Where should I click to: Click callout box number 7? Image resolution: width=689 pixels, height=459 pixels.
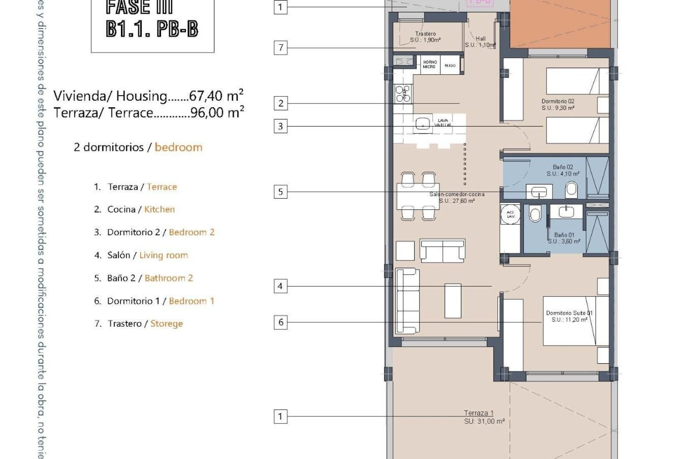(x=281, y=47)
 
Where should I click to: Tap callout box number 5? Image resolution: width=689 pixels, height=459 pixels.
(x=281, y=191)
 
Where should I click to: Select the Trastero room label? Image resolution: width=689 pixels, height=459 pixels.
(x=425, y=37)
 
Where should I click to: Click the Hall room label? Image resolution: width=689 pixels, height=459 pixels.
(x=481, y=42)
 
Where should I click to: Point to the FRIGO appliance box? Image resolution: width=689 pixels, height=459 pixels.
(x=450, y=65)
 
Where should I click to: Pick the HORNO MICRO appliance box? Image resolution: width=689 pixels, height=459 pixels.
(x=430, y=65)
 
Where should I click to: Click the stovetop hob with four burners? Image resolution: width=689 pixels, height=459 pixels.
(x=403, y=94)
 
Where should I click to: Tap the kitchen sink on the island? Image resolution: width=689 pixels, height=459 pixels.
(x=422, y=125)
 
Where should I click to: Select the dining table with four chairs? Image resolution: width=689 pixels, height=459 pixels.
(x=418, y=196)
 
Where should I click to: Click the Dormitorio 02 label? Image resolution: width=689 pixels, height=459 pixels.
(x=558, y=104)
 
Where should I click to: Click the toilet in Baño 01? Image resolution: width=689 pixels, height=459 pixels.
(x=535, y=214)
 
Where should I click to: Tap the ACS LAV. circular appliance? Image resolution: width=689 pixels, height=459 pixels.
(x=510, y=214)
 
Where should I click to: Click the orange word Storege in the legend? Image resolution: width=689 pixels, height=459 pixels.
(x=167, y=323)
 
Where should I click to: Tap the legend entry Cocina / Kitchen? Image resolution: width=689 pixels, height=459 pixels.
(x=135, y=209)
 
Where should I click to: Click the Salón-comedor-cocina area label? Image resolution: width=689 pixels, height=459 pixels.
(x=457, y=197)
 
